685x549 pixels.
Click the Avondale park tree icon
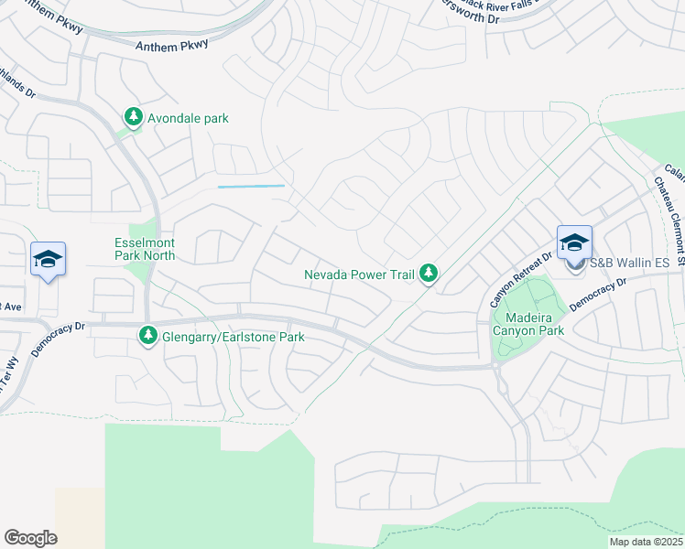pos(135,117)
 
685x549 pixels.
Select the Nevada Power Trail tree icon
pos(428,272)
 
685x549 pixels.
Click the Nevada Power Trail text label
pos(360,273)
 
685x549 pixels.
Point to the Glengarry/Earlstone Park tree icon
pos(147,337)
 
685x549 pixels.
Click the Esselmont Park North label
pos(145,250)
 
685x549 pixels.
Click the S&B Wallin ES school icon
pos(574,243)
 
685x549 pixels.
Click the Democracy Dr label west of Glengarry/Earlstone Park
pos(57,339)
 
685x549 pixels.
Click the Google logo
pos(30,538)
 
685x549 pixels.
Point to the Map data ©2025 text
pos(646,542)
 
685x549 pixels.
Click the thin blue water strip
pos(251,187)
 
